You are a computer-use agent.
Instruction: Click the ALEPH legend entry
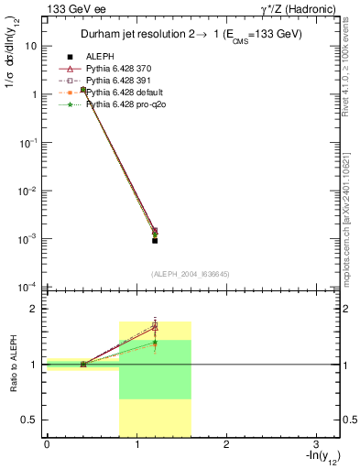(x=101, y=56)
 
